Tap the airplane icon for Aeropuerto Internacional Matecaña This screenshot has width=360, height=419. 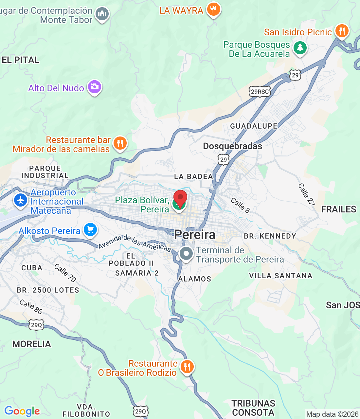click(21, 201)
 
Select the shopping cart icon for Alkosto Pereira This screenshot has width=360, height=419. click(90, 230)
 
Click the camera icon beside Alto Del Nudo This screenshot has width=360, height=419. click(95, 87)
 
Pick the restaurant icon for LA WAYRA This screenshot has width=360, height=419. click(213, 9)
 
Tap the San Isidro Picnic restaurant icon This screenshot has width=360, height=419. click(342, 31)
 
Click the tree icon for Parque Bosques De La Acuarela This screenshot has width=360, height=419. click(300, 48)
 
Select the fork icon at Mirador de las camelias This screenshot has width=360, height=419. click(120, 143)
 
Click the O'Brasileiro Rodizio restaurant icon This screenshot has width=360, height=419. click(187, 367)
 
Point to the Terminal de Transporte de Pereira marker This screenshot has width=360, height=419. click(186, 254)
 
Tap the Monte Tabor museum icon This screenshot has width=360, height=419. click(102, 14)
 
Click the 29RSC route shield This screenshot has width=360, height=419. click(260, 92)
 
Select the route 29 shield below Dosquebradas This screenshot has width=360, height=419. click(224, 160)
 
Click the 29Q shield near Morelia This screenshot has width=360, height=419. click(36, 325)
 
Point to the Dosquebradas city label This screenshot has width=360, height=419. click(232, 146)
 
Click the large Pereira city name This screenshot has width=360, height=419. click(195, 235)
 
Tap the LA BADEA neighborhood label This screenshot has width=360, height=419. click(193, 177)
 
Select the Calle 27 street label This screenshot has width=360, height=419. click(306, 194)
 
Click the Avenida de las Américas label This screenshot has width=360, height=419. click(135, 243)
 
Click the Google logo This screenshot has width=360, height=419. click(22, 411)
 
